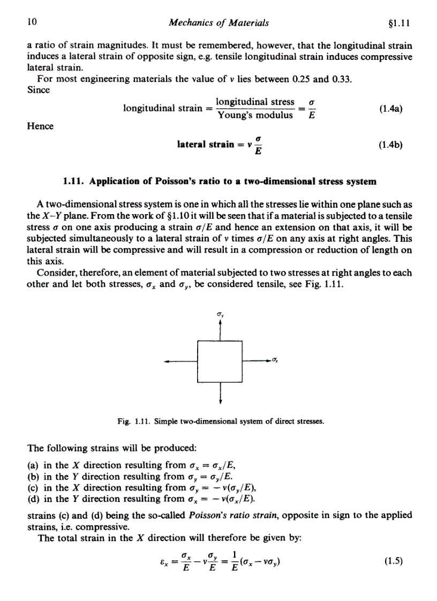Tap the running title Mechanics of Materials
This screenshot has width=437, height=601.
point(218,22)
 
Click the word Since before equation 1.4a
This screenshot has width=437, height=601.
point(38,89)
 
